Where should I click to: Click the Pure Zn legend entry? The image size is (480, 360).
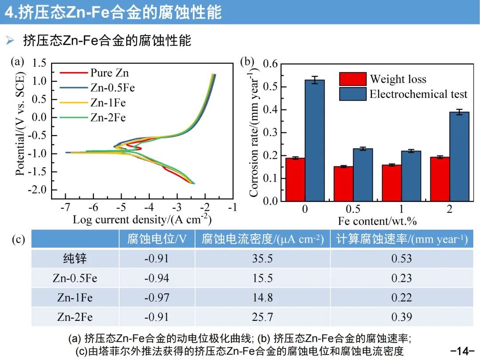109,72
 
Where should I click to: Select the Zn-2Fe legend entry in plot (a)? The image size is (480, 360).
108,118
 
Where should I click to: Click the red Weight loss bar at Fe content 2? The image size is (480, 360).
440,179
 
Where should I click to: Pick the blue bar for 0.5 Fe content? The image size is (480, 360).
363,175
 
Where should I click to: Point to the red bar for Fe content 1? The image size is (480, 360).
392,183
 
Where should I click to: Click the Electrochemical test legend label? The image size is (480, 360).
418,94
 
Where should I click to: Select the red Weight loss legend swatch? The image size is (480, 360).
353,79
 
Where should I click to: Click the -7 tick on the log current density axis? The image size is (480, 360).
65,208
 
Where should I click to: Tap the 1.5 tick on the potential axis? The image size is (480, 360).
39,63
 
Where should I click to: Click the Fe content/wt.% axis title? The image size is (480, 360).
377,221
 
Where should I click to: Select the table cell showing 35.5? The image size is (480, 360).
262,259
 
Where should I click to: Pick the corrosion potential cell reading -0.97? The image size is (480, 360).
156,298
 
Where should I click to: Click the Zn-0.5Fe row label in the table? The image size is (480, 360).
75,278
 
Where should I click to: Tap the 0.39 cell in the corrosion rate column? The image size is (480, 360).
401,317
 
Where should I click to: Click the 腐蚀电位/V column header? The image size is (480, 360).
156,240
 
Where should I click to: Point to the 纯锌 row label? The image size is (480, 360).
75,259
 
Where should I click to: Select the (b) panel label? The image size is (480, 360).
247,62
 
